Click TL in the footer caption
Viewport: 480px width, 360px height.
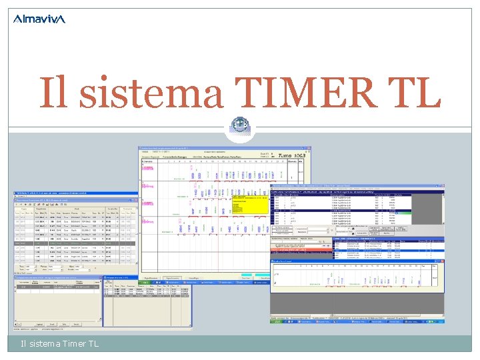(x=93, y=344)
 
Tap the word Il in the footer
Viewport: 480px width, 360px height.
(x=24, y=344)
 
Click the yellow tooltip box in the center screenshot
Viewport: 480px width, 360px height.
(x=251, y=204)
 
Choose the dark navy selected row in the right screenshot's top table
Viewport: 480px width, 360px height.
(x=357, y=211)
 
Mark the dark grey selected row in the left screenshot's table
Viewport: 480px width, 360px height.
(x=76, y=243)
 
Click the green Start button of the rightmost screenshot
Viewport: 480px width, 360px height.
(x=276, y=321)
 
